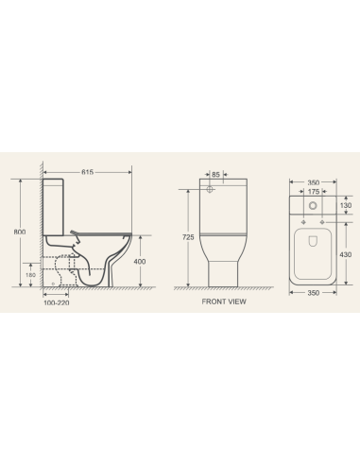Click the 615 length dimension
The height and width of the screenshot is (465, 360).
point(88,173)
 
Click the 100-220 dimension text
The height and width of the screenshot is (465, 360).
point(57,304)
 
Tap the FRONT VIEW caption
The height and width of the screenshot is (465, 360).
point(224,302)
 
